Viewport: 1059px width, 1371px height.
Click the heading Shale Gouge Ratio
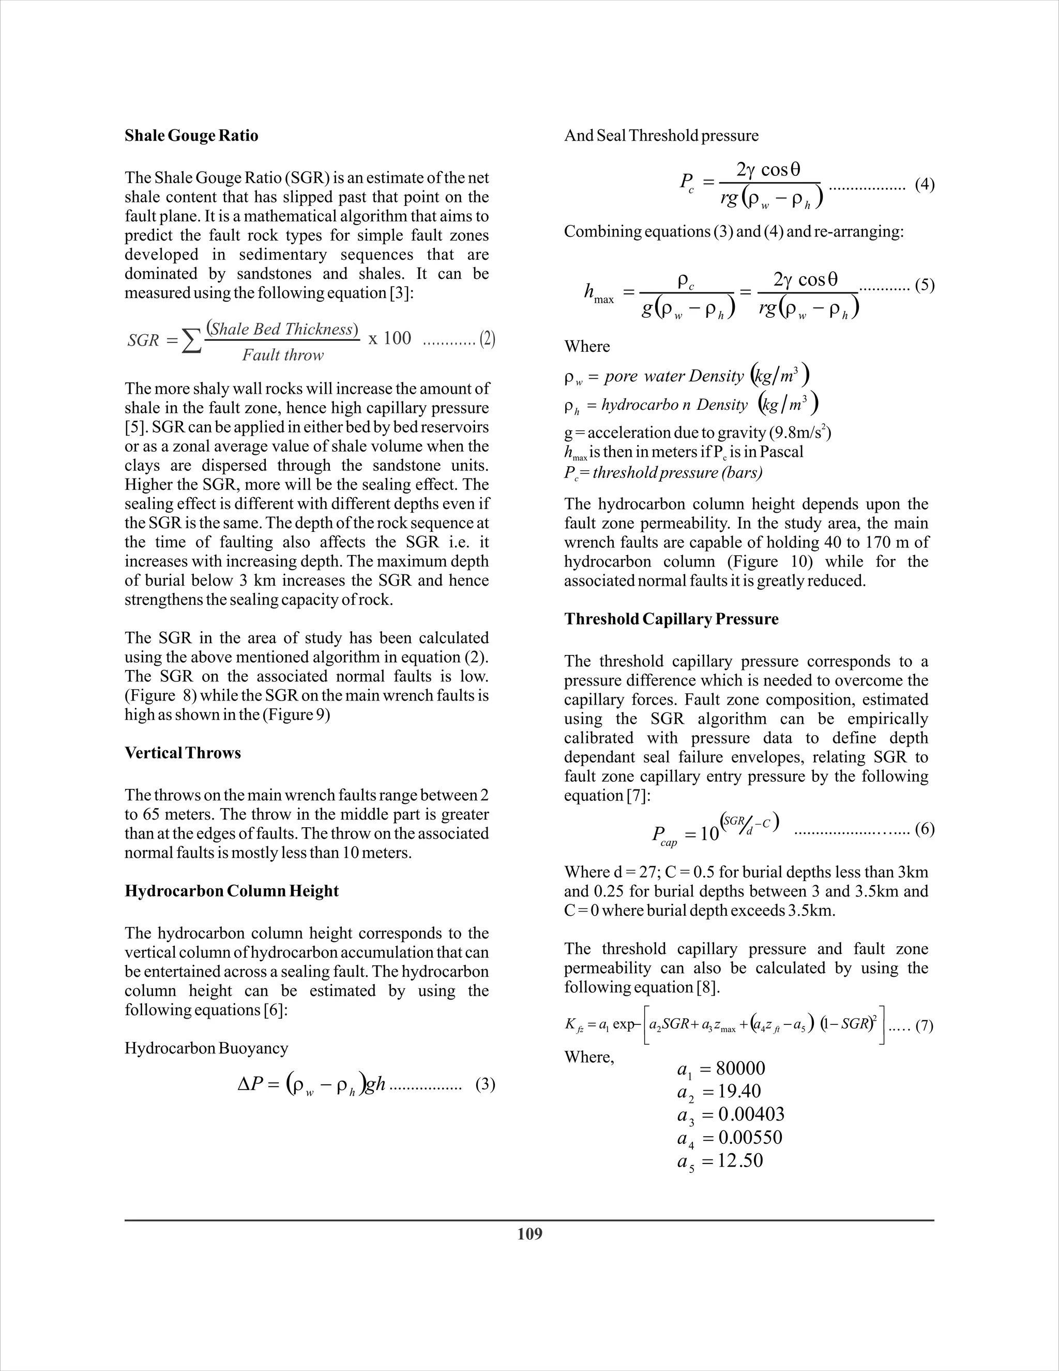[191, 136]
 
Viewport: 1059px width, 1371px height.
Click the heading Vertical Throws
[183, 753]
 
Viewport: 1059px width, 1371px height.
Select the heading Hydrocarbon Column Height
[232, 891]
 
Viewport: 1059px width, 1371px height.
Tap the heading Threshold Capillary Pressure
[671, 619]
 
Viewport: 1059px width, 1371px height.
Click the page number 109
[529, 1234]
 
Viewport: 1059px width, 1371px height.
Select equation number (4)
[924, 185]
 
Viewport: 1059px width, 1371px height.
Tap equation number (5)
[924, 286]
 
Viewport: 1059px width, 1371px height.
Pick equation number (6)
[924, 829]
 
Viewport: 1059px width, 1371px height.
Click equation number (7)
[924, 1026]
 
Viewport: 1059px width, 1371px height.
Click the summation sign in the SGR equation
[191, 341]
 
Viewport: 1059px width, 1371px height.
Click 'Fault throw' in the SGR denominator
[283, 355]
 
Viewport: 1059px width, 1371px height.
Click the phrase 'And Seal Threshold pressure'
[661, 136]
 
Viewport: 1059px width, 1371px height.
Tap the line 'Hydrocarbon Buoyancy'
[206, 1048]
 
